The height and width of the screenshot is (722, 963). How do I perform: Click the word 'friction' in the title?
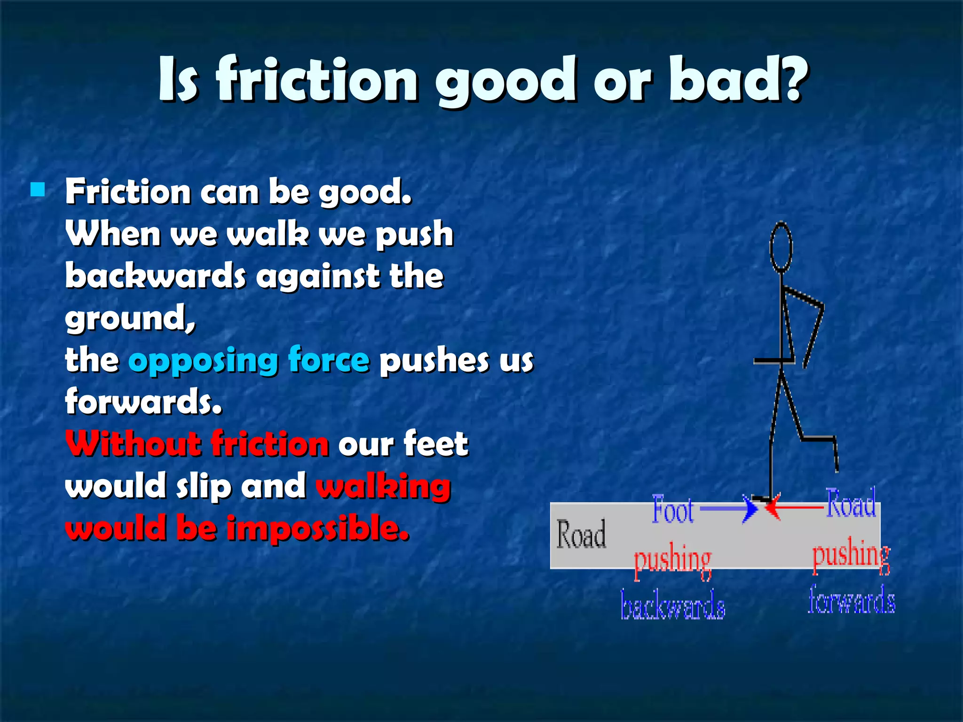point(316,79)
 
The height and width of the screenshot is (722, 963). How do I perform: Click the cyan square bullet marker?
point(38,189)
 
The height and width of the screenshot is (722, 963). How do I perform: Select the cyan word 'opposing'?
point(203,361)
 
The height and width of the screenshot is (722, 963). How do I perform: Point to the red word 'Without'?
point(133,444)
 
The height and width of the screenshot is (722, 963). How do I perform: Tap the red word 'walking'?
point(383,487)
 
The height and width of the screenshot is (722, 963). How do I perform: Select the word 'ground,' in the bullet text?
point(130,319)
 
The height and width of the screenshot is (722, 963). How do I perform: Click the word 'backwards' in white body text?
point(155,276)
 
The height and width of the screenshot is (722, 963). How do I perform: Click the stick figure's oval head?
point(781,247)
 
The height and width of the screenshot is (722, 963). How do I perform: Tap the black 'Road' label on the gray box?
point(581,535)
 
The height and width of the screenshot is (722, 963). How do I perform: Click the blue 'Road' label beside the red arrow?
point(851,504)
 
